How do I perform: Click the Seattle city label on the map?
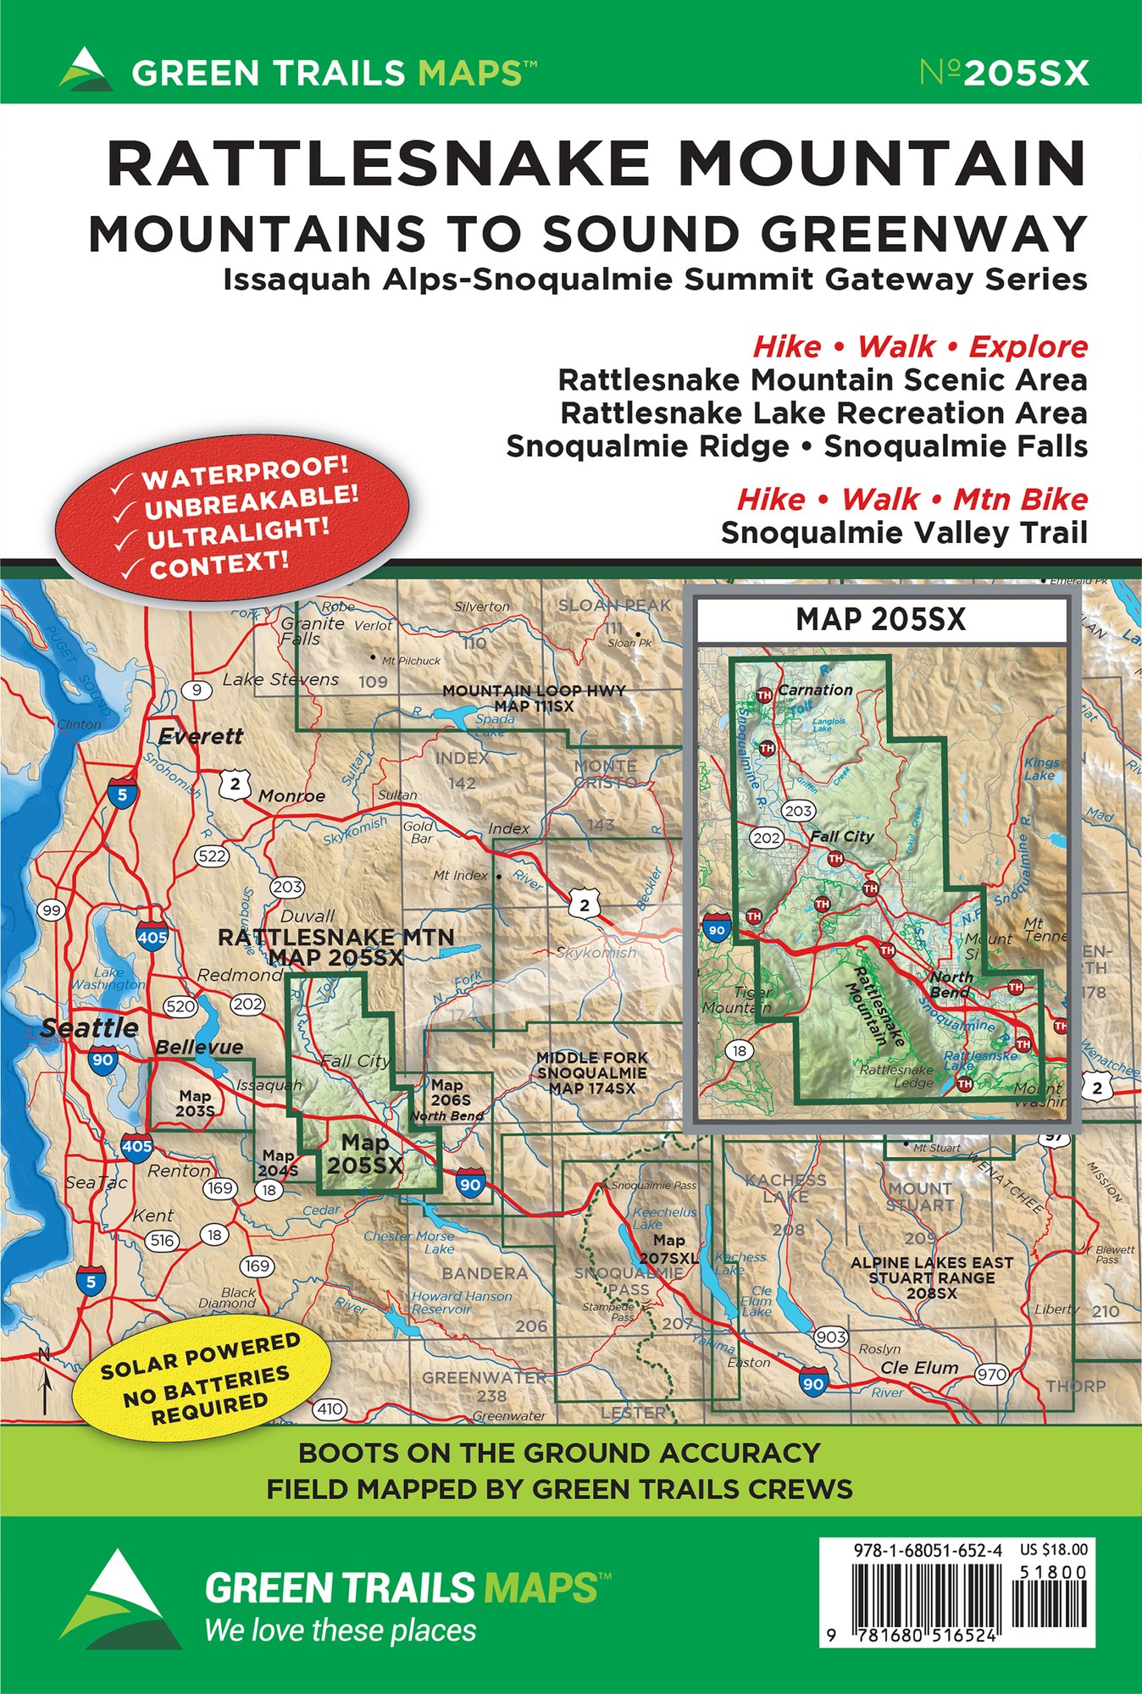(x=90, y=1028)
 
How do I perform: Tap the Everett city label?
(x=201, y=737)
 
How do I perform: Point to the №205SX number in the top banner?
(x=1004, y=73)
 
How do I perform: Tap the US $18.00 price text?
(x=1053, y=1550)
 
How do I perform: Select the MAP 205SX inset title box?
(x=881, y=620)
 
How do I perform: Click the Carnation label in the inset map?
(x=815, y=690)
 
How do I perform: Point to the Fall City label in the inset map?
(x=841, y=836)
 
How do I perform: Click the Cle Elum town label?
(x=919, y=1368)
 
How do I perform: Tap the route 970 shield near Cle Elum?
(x=991, y=1374)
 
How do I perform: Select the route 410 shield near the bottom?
(x=330, y=1409)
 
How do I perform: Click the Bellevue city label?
(x=199, y=1048)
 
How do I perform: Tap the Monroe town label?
(x=291, y=796)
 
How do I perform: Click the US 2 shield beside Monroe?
(x=235, y=784)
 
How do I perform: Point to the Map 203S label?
(x=195, y=1103)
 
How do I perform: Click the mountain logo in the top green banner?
(x=85, y=69)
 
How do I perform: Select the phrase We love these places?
(x=341, y=1630)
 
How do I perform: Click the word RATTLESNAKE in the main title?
(x=377, y=163)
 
